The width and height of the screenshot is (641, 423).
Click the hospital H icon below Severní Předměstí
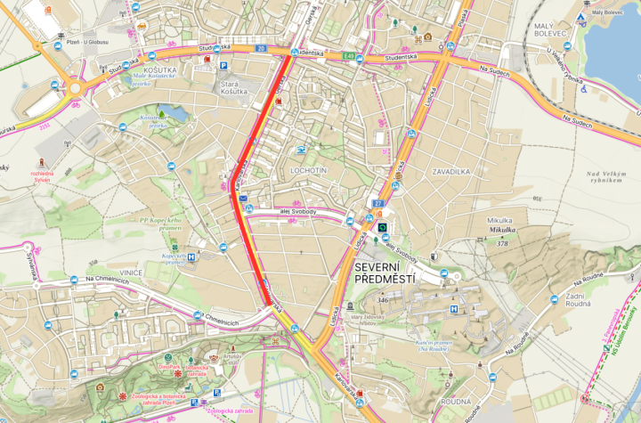pyautogui.click(x=454, y=310)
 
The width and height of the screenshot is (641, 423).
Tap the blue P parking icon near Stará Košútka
pyautogui.click(x=223, y=65)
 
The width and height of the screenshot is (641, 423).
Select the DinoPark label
pyautogui.click(x=169, y=365)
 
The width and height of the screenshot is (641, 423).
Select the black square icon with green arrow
pyautogui.click(x=383, y=228)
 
